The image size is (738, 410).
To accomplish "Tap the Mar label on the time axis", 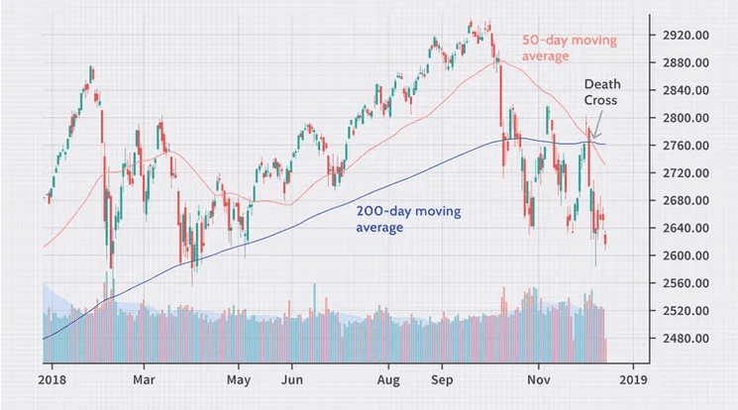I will click(x=145, y=378).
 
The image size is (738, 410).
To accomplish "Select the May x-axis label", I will click(x=238, y=378).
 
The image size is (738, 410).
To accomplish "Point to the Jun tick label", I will click(x=291, y=378).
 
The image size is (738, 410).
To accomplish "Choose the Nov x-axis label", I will click(x=539, y=378).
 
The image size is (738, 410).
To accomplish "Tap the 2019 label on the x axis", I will click(x=634, y=378).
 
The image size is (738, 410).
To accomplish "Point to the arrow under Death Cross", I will click(x=597, y=129).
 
